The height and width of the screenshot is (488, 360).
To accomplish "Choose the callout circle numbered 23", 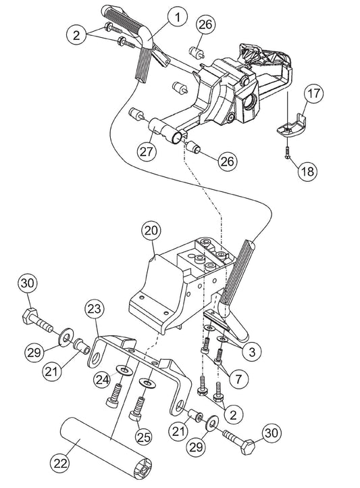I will (x=94, y=310).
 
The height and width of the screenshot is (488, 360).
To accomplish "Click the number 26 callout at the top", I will (x=205, y=25).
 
